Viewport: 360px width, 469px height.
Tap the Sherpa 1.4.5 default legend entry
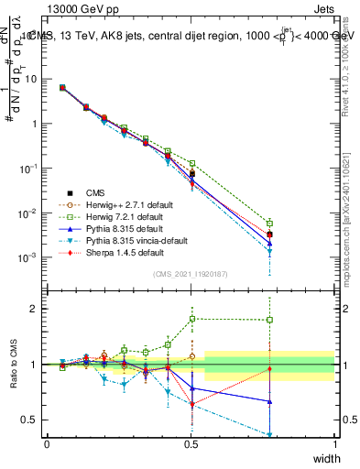click(105, 252)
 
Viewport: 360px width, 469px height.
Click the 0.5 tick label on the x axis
click(191, 443)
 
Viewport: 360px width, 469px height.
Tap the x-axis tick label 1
click(335, 443)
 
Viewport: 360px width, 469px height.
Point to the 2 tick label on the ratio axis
click(34, 309)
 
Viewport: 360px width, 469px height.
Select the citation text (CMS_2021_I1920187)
click(191, 274)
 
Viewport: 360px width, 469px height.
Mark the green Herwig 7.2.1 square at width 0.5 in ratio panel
click(191, 319)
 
